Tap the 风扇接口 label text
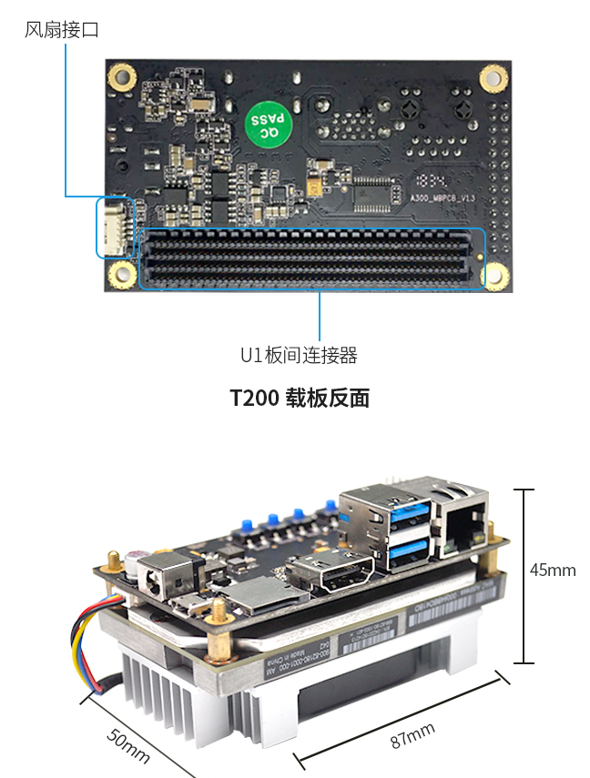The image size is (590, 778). tap(61, 30)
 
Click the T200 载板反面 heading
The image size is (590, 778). tap(299, 399)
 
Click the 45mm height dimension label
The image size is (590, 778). tap(553, 571)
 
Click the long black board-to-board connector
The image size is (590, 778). tap(311, 258)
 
